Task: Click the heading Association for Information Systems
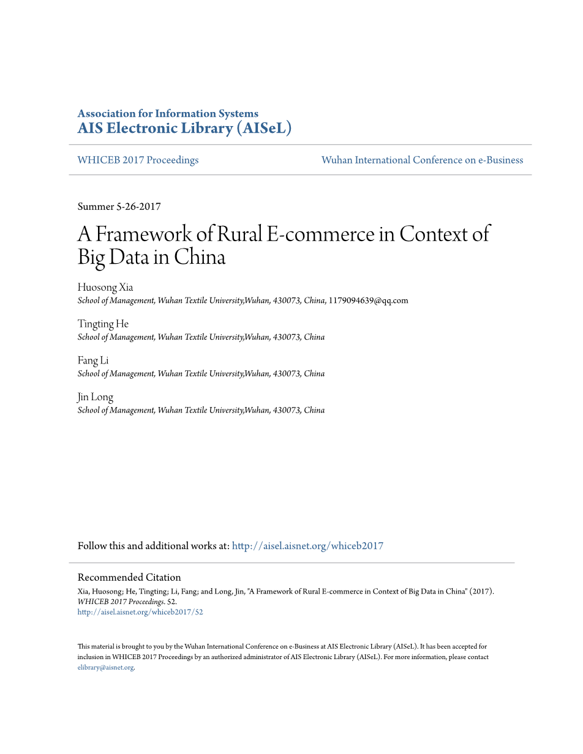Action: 168,114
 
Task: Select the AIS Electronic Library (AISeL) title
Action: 184,129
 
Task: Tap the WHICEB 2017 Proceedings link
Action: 138,160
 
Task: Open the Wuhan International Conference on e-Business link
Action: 422,160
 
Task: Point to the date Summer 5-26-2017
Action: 119,207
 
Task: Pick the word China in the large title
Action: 200,257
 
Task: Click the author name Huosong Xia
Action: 105,287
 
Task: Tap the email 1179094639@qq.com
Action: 368,300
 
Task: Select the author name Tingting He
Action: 103,324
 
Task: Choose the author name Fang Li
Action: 92,360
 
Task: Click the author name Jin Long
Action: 95,397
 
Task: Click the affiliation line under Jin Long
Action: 201,411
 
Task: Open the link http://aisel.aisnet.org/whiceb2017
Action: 307,546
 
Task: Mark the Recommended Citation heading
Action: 129,577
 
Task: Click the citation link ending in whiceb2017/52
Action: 140,612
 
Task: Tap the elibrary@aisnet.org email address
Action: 105,668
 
